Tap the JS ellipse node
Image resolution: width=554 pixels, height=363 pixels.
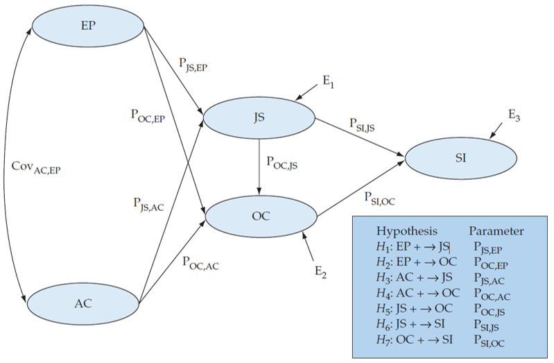click(x=259, y=118)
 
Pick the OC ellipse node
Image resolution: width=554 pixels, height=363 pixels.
click(x=260, y=215)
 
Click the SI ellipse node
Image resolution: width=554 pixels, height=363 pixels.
click(x=460, y=158)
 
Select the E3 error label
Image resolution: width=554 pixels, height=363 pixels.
click(x=514, y=117)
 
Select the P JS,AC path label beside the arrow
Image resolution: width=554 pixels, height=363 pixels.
click(x=148, y=204)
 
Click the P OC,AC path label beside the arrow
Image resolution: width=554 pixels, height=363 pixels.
click(x=201, y=262)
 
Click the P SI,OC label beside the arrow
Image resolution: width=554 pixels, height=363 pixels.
click(x=379, y=199)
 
